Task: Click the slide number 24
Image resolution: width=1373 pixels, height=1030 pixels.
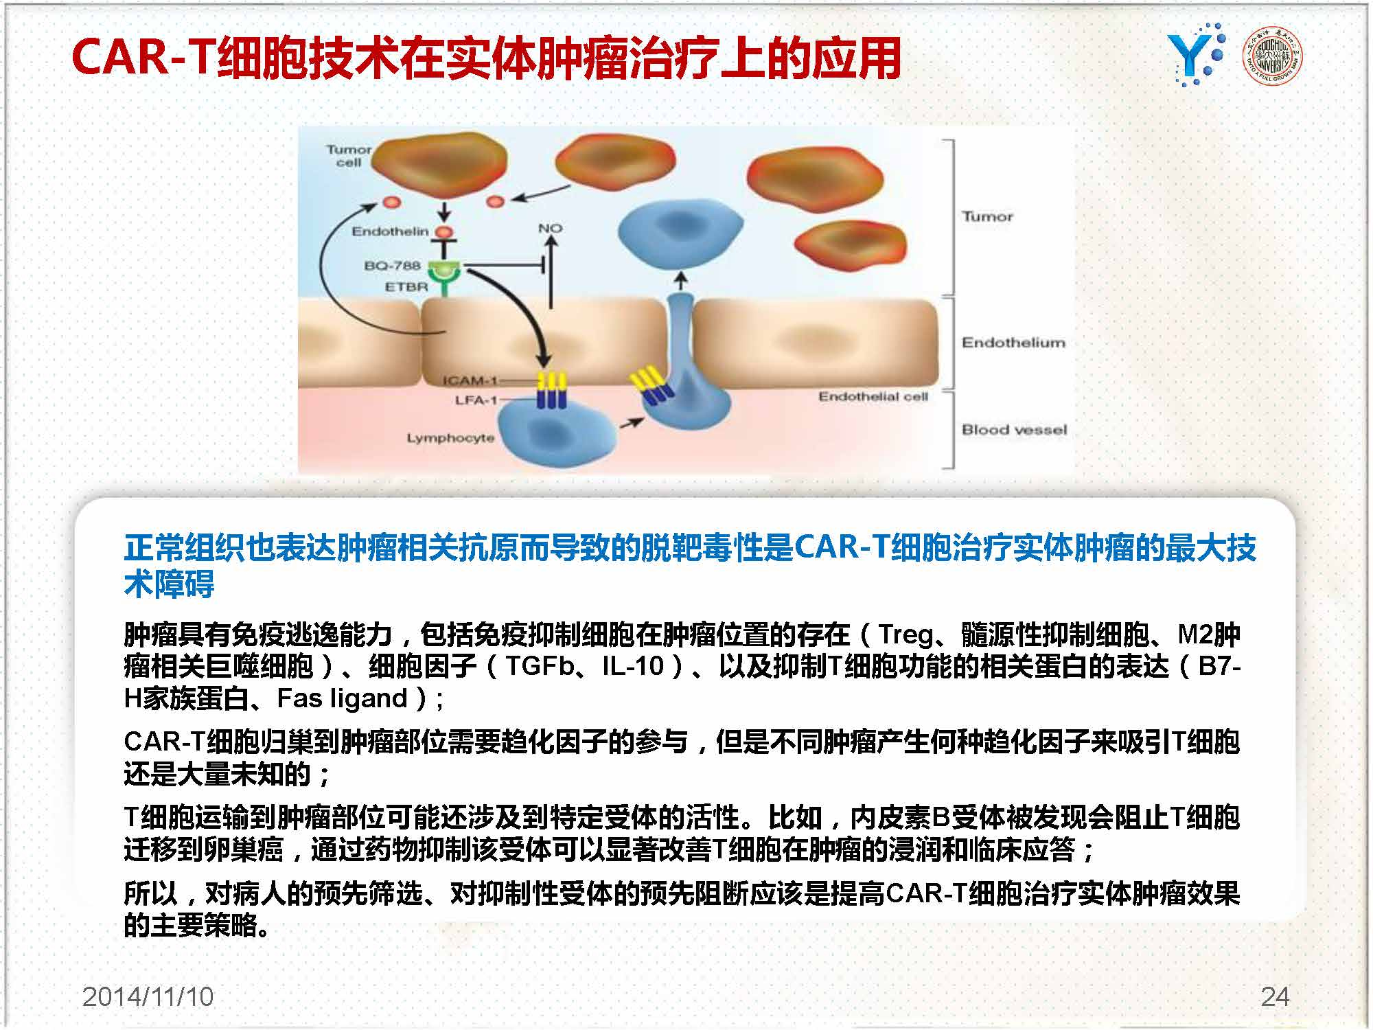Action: [x=1275, y=996]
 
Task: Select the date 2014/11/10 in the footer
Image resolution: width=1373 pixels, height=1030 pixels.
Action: [x=148, y=996]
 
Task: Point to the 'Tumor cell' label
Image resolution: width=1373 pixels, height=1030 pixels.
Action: [x=349, y=156]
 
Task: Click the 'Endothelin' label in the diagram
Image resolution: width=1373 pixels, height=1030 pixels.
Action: [x=390, y=231]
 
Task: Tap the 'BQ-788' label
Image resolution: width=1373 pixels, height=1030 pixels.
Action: [x=392, y=266]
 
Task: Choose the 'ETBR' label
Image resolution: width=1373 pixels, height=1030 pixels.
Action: [x=406, y=287]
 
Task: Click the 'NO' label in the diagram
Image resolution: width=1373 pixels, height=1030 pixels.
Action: [x=550, y=228]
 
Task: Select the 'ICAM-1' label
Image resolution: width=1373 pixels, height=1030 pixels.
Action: [x=470, y=380]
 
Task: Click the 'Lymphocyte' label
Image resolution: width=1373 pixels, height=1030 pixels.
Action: [x=450, y=438]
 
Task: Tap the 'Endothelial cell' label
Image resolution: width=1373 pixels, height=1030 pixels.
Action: [x=873, y=396]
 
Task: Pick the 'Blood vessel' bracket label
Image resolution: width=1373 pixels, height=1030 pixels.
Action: [x=1014, y=430]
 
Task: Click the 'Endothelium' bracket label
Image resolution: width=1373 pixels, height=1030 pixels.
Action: [x=1013, y=342]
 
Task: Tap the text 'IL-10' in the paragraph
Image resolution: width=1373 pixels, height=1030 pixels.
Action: [x=634, y=666]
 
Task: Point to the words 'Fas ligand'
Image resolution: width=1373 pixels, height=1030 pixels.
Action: [x=343, y=699]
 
